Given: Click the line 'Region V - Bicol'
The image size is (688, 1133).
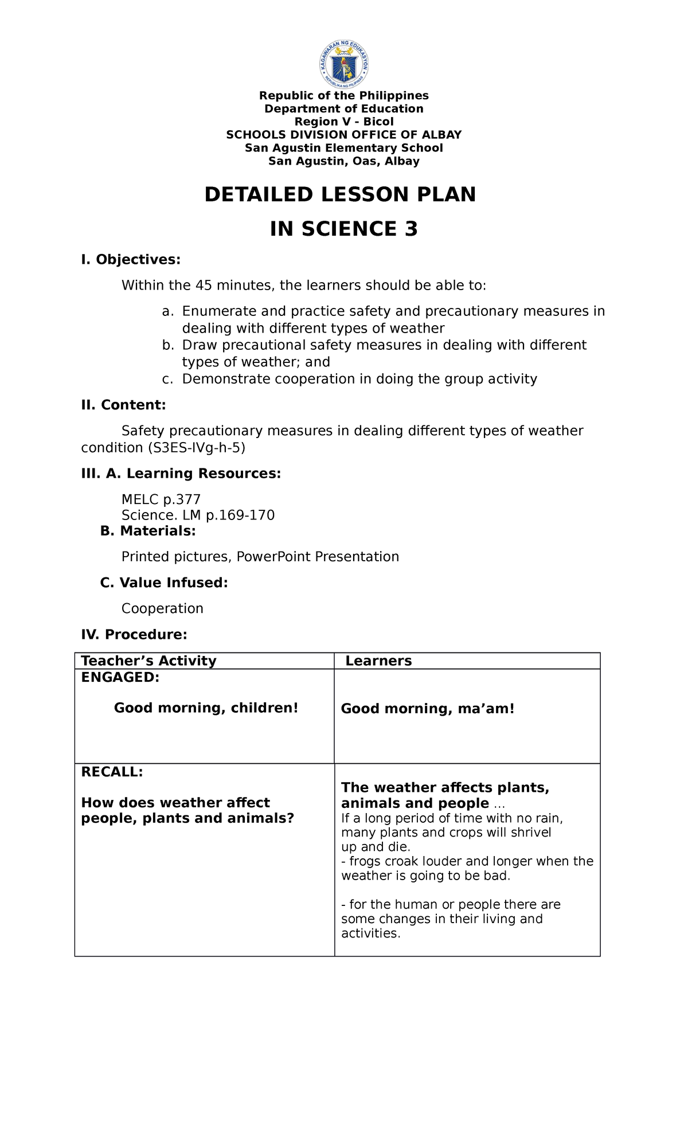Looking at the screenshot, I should click(344, 122).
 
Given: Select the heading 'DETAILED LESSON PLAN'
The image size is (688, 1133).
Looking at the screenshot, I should click(340, 195).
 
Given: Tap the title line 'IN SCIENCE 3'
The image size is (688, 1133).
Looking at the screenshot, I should click(344, 229).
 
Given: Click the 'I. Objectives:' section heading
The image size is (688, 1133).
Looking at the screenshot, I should click(131, 260).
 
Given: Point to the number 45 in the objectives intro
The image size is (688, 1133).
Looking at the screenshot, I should click(204, 286).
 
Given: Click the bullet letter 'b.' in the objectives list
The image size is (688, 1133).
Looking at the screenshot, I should click(167, 345).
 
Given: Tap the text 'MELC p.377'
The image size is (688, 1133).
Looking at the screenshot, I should click(161, 499).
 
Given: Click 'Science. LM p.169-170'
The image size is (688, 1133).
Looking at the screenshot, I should click(198, 515).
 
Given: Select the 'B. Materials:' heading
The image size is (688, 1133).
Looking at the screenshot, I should click(148, 531).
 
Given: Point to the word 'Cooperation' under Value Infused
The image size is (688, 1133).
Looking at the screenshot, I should click(162, 608).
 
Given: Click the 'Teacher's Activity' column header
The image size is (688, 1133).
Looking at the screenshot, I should click(149, 661).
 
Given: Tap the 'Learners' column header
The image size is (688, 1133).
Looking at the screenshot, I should click(378, 661).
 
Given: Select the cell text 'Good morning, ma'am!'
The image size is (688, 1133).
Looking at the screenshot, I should click(428, 709).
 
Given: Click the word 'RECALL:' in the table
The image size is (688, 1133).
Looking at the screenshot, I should click(112, 772).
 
